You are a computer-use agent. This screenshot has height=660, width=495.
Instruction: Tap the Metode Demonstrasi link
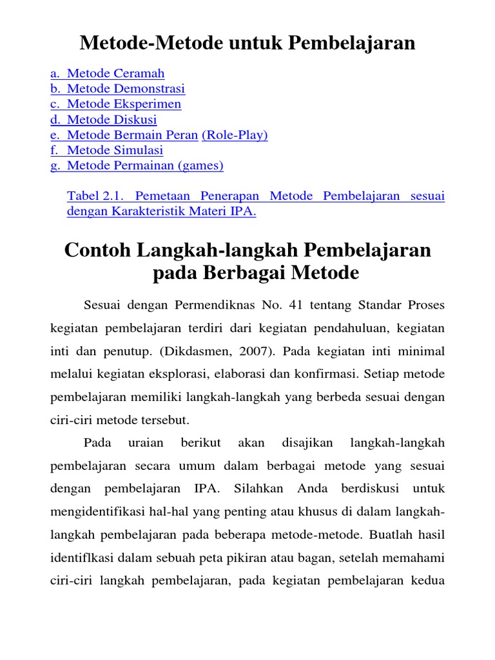click(126, 89)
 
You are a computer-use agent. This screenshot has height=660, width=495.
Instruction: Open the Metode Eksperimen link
click(124, 104)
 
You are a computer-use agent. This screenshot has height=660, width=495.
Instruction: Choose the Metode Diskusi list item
click(112, 120)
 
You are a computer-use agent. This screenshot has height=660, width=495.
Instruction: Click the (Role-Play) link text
click(235, 135)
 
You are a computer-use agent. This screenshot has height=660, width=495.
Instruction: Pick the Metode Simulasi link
click(115, 151)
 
